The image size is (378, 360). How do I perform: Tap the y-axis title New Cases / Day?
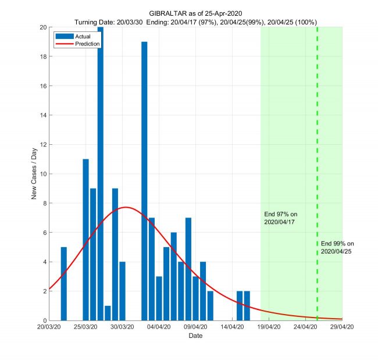click(x=34, y=173)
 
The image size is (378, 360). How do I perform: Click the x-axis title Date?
click(x=195, y=336)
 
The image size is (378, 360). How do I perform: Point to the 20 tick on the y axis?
click(x=43, y=27)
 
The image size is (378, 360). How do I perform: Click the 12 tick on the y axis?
click(x=43, y=144)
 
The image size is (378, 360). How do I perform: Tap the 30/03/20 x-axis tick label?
click(x=122, y=327)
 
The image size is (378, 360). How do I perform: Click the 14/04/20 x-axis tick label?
click(x=232, y=327)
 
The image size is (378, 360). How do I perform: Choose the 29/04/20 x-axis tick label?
click(x=342, y=327)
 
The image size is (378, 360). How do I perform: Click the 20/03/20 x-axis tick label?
click(x=49, y=327)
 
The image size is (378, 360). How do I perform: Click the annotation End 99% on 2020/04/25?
click(x=337, y=247)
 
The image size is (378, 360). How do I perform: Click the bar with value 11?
click(x=85, y=239)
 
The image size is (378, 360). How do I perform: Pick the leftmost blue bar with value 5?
click(x=64, y=283)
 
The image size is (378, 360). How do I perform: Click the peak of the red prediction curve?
click(x=126, y=207)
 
